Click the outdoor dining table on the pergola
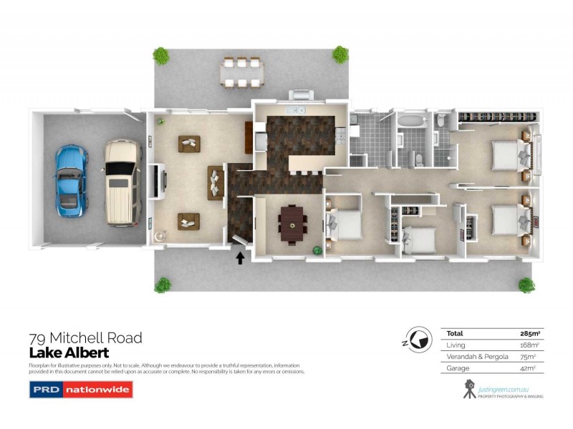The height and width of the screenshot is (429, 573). click(x=241, y=72)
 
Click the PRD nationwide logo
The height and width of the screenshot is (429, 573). click(x=80, y=390)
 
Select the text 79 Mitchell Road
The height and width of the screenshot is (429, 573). click(x=85, y=337)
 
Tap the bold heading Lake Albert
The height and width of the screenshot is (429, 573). click(x=69, y=352)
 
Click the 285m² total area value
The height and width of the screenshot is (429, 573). click(x=529, y=333)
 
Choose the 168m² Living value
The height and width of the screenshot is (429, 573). click(x=529, y=345)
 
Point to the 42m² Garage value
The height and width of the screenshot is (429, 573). click(x=531, y=368)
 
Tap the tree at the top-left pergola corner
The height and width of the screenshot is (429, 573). click(x=161, y=55)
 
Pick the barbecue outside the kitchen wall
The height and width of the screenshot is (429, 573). click(x=299, y=95)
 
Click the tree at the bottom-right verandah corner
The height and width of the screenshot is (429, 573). click(x=526, y=285)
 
